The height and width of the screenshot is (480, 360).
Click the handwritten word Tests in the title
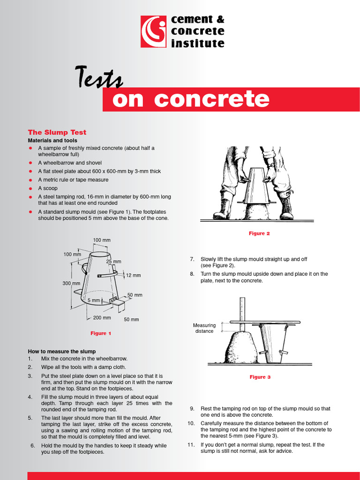[99, 78]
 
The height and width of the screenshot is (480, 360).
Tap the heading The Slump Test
[57, 132]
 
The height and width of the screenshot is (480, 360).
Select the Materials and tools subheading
[52, 140]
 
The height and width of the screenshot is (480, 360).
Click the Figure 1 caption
[101, 333]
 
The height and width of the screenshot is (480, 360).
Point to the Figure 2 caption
[259, 233]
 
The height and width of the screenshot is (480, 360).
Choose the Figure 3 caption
[260, 377]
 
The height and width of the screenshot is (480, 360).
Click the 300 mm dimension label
[71, 283]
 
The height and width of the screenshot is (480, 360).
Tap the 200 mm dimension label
[102, 317]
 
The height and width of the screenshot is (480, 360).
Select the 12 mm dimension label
[133, 275]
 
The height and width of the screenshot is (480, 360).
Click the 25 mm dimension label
[113, 262]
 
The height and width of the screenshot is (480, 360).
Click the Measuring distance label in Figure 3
[204, 328]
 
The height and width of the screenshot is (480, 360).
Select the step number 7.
[192, 259]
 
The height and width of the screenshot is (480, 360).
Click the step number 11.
[191, 444]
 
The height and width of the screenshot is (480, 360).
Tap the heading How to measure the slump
[62, 351]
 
